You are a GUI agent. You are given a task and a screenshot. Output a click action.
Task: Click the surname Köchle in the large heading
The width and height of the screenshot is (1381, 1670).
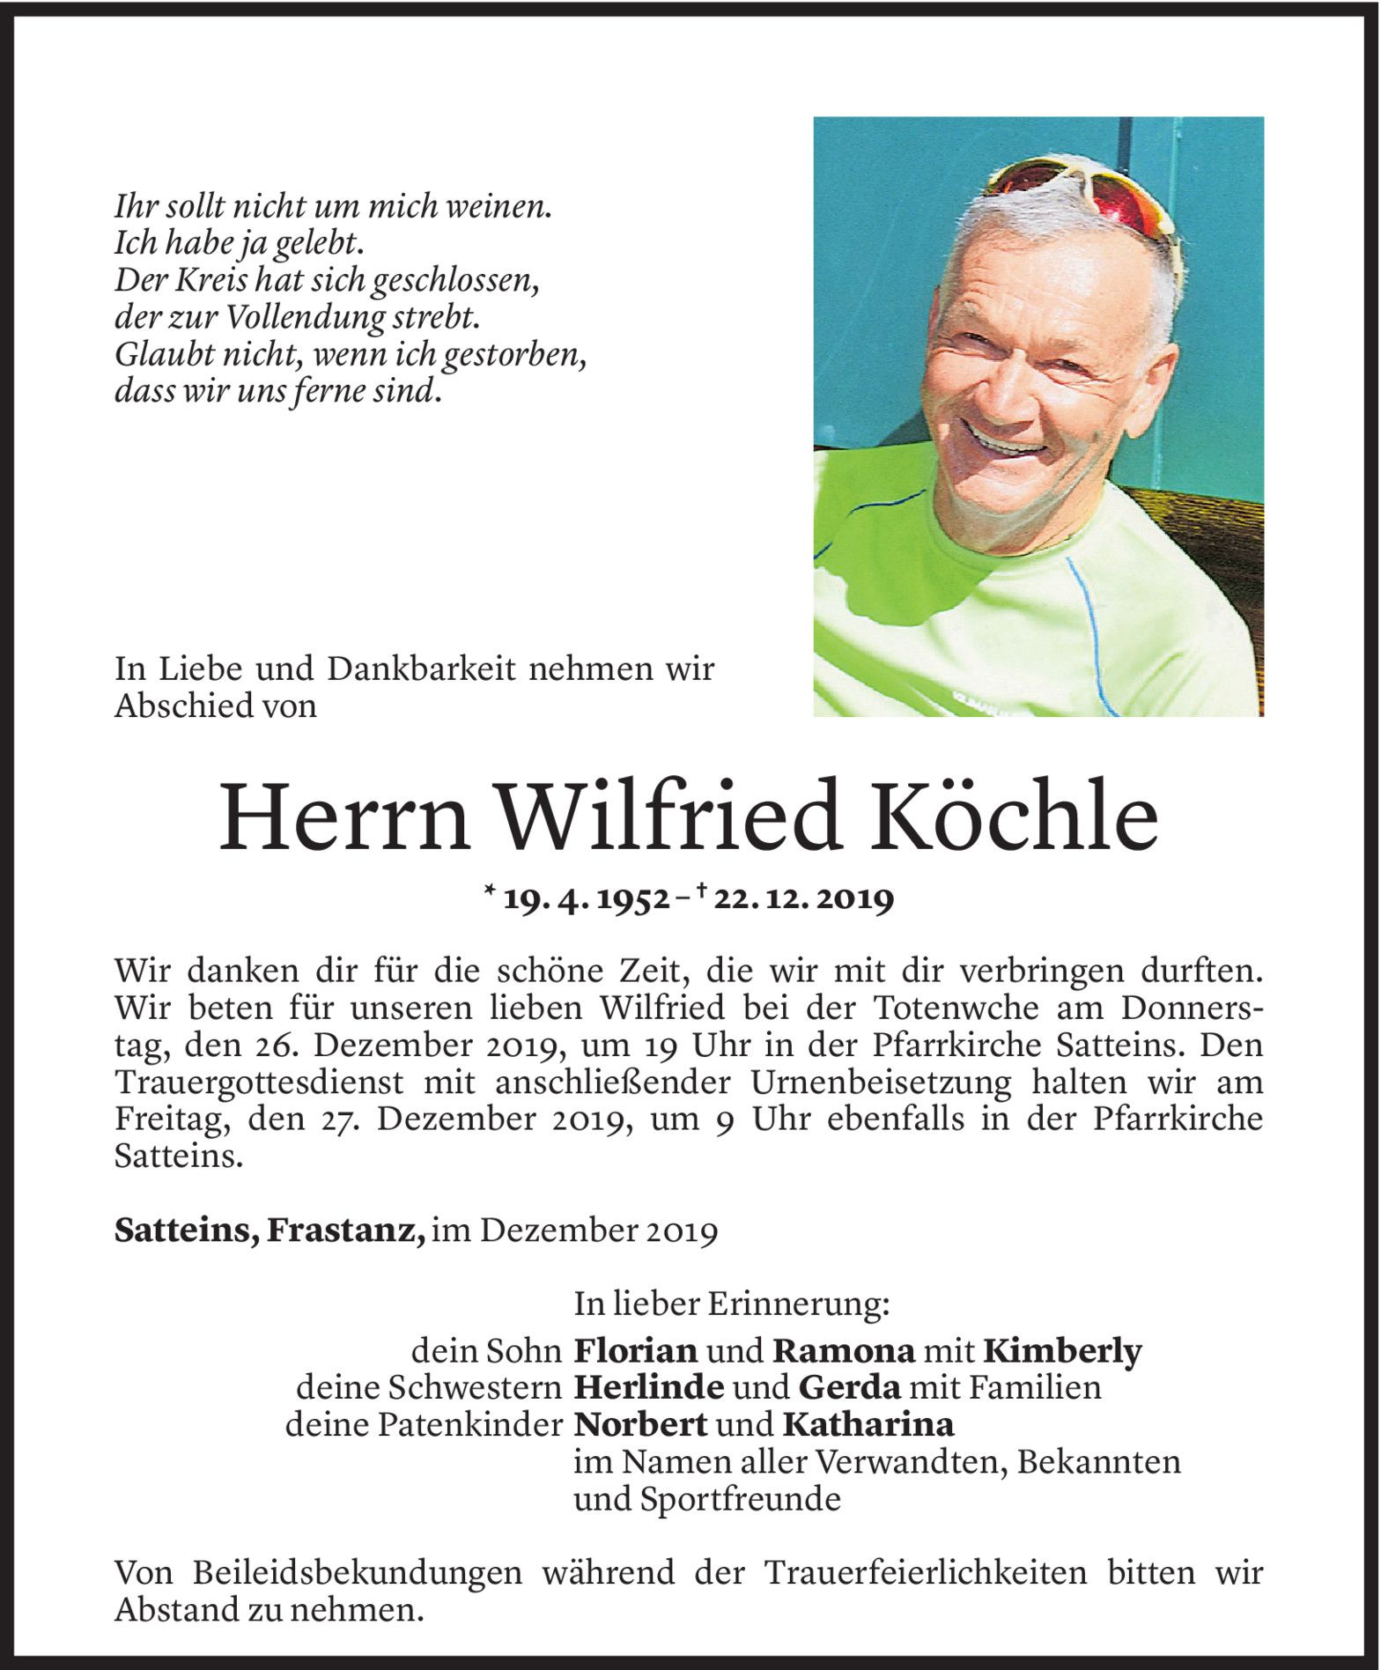pos(1015,817)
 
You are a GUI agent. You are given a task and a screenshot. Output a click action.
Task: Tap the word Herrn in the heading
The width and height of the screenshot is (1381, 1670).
pos(343,817)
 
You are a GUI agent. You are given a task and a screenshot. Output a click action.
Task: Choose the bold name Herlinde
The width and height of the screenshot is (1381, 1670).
pos(648,1387)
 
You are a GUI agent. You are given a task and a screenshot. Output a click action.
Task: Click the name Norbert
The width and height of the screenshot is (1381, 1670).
pos(640,1424)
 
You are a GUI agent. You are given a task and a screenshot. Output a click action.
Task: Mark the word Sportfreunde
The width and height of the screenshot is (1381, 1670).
pos(740,1499)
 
